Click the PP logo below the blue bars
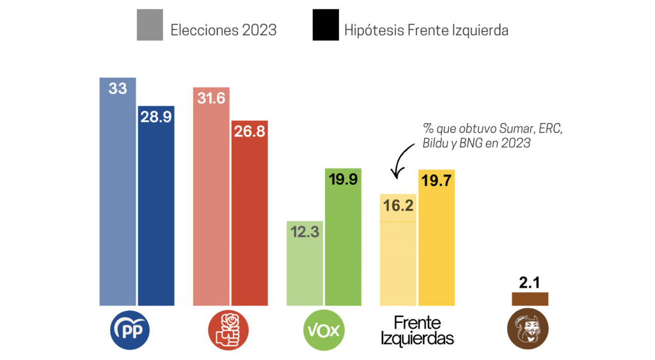(x=130, y=330)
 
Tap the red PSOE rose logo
(x=228, y=330)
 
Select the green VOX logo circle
(x=324, y=330)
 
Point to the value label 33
(x=118, y=89)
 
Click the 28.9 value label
(x=156, y=118)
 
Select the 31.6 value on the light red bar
(x=211, y=99)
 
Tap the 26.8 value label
(x=249, y=132)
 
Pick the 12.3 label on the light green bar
(x=305, y=233)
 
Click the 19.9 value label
(x=343, y=180)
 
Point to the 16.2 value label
(x=399, y=206)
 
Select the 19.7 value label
(x=437, y=182)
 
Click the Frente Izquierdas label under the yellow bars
(x=417, y=330)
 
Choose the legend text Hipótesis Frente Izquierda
(x=426, y=29)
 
